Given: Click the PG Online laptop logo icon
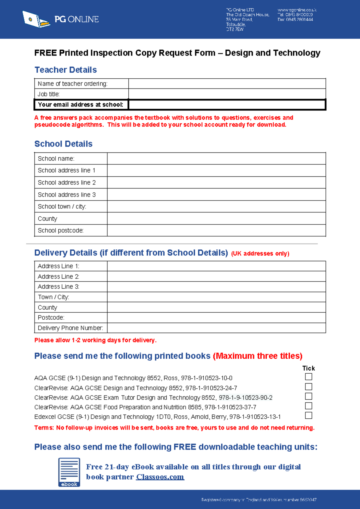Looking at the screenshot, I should point(35,20).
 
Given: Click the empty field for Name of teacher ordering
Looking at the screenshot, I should point(227,84).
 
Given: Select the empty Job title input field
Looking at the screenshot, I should point(227,94).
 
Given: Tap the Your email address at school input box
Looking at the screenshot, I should point(227,105).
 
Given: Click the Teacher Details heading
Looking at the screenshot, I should point(66,70).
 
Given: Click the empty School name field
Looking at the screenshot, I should point(216,158).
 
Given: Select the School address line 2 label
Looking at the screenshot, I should point(67,182).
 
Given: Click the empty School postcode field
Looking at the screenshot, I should point(216,230).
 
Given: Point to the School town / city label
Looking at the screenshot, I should point(62,206).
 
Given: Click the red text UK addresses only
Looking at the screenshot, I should point(260,254).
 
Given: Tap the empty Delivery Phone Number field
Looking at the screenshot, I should point(216,328).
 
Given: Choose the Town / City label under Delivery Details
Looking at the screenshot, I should point(53,297).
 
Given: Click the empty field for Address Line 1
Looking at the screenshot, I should point(216,266).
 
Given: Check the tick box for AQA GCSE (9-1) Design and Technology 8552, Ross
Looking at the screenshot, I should point(308,377).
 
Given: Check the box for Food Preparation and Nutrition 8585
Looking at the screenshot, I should point(308,406).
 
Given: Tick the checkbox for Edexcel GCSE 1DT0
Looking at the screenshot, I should point(308,416).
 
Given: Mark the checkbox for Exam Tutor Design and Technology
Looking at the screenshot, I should point(308,396).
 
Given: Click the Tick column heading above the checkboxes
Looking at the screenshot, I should point(308,368).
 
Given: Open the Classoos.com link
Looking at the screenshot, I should point(160,477).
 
